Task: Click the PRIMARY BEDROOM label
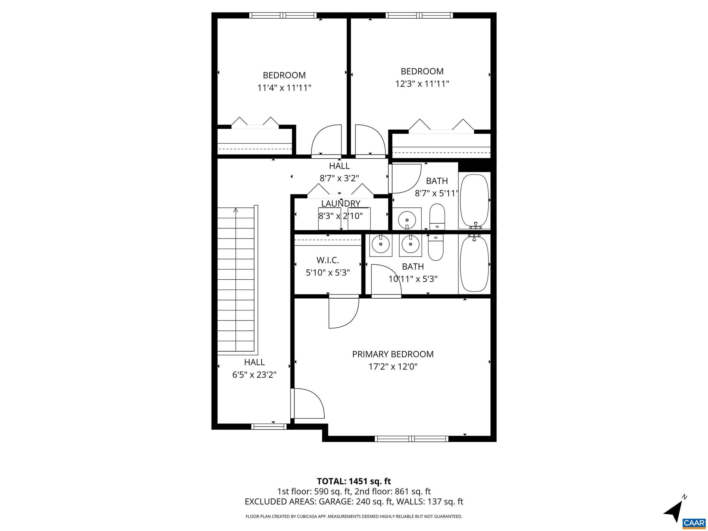click(393, 354)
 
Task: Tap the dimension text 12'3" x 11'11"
click(422, 84)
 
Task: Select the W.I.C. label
click(327, 260)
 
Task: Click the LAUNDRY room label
click(341, 204)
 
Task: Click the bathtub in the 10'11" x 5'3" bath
click(474, 264)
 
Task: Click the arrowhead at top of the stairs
click(236, 209)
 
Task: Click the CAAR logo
click(694, 522)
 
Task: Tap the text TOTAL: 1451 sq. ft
click(354, 481)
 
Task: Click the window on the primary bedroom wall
click(411, 439)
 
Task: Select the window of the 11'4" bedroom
click(283, 15)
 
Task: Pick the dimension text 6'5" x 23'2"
click(254, 375)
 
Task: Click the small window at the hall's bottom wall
click(269, 426)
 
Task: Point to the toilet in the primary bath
click(436, 248)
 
